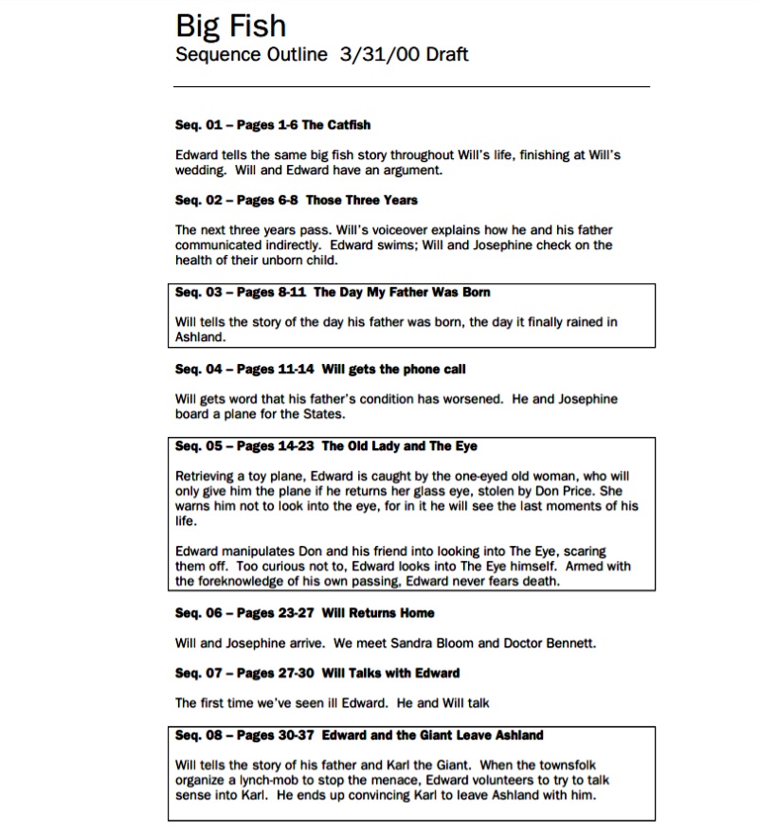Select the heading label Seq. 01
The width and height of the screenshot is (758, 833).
[198, 125]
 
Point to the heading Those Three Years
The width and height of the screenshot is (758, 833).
[361, 200]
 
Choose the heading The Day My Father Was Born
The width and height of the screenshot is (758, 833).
[402, 292]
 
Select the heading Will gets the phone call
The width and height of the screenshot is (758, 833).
[393, 369]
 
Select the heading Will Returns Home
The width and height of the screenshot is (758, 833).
[378, 613]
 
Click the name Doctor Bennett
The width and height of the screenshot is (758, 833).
[548, 643]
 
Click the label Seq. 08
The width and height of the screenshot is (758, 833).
[198, 735]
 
